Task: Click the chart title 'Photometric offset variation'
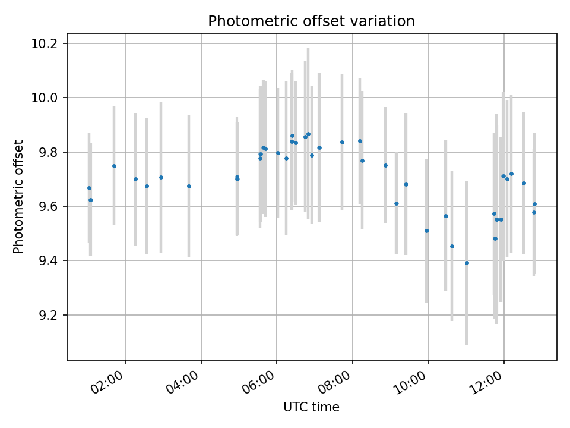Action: (311, 21)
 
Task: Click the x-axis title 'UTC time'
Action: (311, 407)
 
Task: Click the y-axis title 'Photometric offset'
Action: (18, 197)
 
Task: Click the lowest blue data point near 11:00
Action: (467, 263)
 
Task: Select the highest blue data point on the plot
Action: (308, 134)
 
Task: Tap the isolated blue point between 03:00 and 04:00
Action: (189, 186)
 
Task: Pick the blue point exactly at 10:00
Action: (426, 231)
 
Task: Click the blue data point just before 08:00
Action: (342, 142)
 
